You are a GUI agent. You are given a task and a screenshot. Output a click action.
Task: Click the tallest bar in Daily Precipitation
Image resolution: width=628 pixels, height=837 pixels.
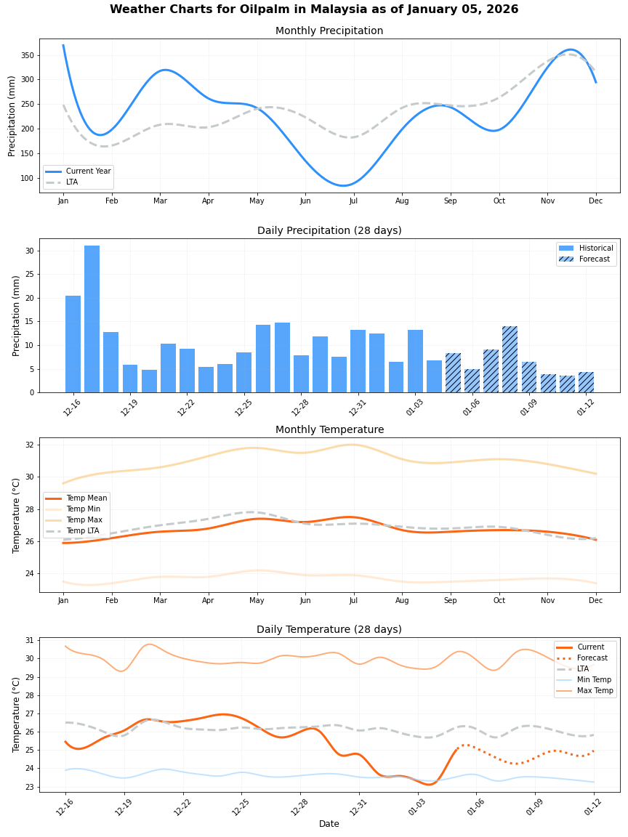[92, 320]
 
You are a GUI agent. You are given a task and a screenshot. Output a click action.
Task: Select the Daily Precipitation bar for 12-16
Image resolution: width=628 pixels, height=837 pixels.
[73, 344]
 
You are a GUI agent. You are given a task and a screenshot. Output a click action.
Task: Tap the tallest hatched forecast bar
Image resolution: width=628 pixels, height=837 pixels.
[510, 360]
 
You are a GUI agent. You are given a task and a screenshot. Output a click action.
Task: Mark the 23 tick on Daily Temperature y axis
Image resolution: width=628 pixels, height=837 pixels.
[30, 787]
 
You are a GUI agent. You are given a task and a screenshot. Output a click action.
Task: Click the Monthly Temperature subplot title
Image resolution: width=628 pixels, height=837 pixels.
[329, 430]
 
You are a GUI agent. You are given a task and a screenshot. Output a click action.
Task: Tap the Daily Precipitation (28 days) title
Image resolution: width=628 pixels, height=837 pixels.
[329, 231]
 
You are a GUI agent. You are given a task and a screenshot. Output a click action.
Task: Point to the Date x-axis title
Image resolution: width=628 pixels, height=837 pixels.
[329, 824]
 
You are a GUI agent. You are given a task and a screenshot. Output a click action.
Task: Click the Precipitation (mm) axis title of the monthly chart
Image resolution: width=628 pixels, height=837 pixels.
[12, 116]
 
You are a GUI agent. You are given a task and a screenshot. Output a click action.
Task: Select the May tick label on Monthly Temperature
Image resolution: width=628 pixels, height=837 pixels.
[257, 601]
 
